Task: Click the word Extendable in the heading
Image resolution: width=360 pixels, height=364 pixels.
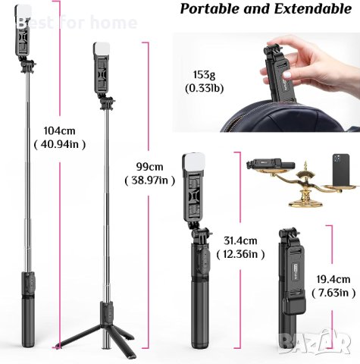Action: pyautogui.click(x=313, y=9)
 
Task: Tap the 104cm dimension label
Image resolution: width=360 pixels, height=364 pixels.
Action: pyautogui.click(x=60, y=131)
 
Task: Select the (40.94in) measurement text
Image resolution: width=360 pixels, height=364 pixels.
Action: pyautogui.click(x=60, y=144)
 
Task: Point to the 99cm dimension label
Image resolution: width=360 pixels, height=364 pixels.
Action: pyautogui.click(x=150, y=167)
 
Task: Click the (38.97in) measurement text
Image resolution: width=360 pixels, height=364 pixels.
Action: pyautogui.click(x=150, y=180)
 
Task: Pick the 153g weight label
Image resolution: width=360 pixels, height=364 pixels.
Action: pyautogui.click(x=204, y=75)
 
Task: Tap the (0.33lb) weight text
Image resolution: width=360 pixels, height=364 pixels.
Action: pyautogui.click(x=204, y=88)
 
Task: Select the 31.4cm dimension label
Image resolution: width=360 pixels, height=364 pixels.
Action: pyautogui.click(x=240, y=240)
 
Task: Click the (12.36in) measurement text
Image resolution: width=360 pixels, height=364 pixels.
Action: pyautogui.click(x=240, y=254)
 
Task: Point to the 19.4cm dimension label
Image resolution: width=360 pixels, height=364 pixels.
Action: pyautogui.click(x=333, y=279)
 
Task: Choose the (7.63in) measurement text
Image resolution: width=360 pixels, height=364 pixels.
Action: pyautogui.click(x=333, y=293)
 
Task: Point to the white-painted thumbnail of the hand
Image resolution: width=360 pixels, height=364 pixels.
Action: pyautogui.click(x=288, y=75)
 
